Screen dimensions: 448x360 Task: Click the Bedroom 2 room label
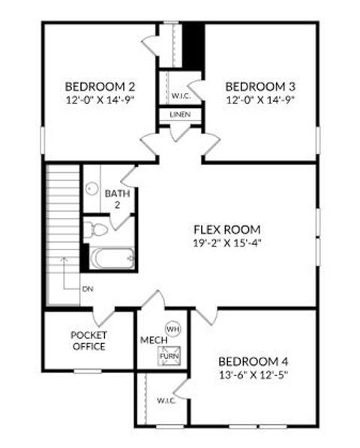[100, 85]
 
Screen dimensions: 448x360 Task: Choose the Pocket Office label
[88, 340]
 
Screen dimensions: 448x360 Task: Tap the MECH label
[151, 341]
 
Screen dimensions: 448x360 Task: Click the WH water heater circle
[172, 329]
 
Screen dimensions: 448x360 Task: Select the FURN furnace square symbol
[168, 356]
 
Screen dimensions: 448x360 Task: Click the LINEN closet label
[180, 115]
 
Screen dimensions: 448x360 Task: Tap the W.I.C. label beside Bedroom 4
[166, 400]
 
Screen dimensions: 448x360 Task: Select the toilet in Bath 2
[94, 228]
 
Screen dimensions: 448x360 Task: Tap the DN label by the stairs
[88, 288]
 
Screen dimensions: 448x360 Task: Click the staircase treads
[63, 217]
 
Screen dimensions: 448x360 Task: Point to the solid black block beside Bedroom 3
[194, 46]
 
